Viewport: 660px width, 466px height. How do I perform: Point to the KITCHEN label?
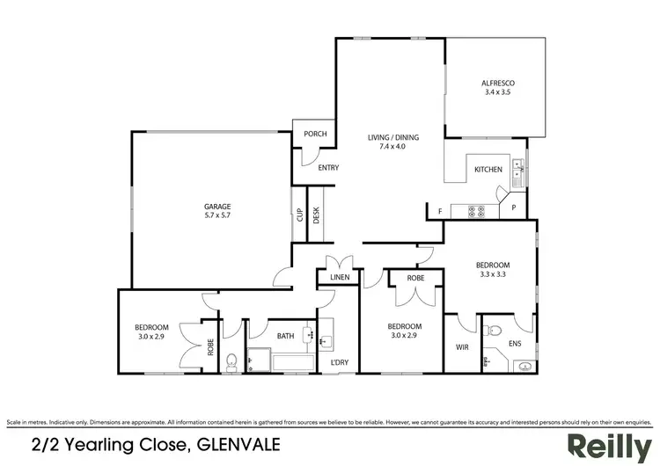(x=488, y=169)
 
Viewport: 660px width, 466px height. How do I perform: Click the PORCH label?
(x=315, y=135)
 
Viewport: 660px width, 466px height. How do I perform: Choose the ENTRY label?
(x=328, y=168)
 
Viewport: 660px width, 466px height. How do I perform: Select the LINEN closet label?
(x=340, y=278)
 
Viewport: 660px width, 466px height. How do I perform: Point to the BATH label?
(x=285, y=335)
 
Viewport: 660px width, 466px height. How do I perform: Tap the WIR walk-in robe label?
(x=461, y=348)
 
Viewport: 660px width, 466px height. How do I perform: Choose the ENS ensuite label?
(x=526, y=345)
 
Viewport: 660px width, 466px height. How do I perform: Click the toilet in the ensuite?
(x=494, y=331)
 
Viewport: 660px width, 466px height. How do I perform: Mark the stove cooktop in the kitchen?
(x=476, y=211)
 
